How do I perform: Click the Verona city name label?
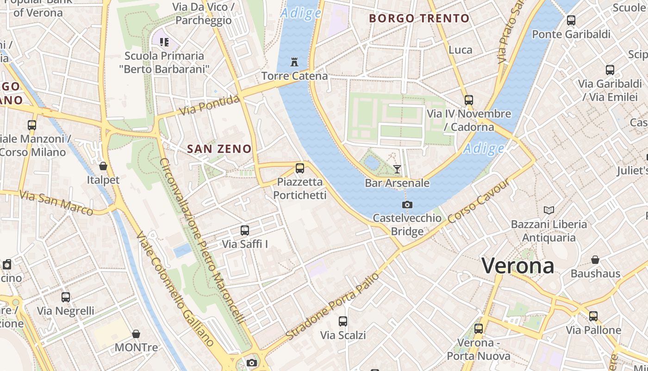(x=517, y=266)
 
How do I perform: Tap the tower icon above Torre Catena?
(x=294, y=62)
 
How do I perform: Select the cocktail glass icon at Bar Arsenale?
(x=397, y=169)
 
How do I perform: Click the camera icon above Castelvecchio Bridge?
(x=407, y=205)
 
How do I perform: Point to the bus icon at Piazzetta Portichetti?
(x=300, y=168)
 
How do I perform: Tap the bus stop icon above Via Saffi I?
(x=244, y=230)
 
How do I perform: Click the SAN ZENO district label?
(x=219, y=149)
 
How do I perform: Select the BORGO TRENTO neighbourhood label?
(x=419, y=19)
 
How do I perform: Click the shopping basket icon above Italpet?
(x=103, y=166)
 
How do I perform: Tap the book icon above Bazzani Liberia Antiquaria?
(x=549, y=211)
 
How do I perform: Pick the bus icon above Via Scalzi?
(x=343, y=321)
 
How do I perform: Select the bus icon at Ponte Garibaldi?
(x=571, y=20)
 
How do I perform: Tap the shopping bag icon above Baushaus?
(x=595, y=260)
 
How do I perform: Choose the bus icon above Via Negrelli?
(x=66, y=297)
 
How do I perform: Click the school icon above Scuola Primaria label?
(x=164, y=42)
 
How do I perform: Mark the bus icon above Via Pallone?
(x=593, y=316)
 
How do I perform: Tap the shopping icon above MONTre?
(x=136, y=334)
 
